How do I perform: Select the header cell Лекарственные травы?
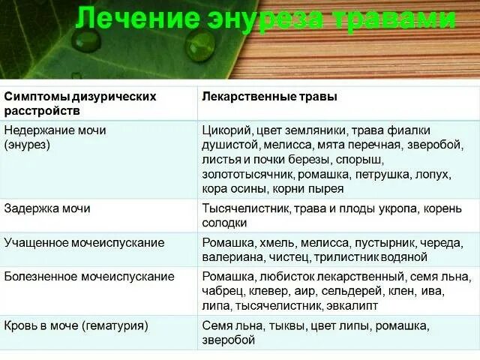269,97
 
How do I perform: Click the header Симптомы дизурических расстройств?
80,103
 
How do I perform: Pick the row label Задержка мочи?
47,208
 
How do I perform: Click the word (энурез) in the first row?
28,145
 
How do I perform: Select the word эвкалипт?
352,306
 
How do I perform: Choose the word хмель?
279,243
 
